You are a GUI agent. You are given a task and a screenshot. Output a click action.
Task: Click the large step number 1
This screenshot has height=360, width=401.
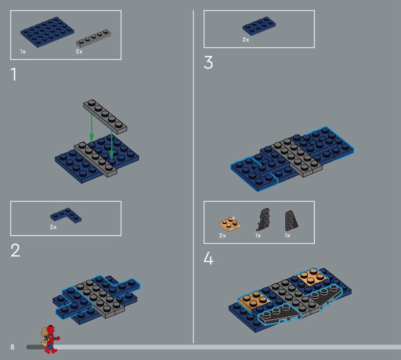[14, 74]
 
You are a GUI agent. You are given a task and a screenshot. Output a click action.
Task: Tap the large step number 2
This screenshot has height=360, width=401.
[16, 250]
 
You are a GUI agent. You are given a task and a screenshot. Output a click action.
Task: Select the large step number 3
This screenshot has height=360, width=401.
[208, 63]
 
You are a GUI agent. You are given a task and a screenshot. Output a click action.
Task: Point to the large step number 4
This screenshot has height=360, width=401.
[209, 258]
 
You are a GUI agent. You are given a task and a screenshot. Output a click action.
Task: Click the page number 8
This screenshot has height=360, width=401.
[12, 347]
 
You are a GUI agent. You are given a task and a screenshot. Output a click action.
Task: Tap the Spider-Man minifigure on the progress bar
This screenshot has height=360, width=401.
[50, 339]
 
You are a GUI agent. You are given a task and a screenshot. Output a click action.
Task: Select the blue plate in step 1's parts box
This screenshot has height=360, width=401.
[47, 32]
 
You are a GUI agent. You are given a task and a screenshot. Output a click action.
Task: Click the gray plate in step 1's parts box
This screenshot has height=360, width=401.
[94, 39]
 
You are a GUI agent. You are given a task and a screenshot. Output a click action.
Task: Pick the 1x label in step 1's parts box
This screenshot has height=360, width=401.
[23, 52]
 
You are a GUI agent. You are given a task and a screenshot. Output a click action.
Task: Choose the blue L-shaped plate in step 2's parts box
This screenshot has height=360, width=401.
[66, 216]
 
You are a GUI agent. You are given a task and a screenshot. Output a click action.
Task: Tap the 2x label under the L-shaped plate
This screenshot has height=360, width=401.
[53, 227]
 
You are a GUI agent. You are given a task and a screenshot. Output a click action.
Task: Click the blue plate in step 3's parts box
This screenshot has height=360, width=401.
[259, 26]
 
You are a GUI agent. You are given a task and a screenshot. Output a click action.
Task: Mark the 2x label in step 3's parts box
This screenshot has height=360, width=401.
[246, 40]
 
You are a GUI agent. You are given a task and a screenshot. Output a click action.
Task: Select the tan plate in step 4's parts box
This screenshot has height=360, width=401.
[230, 224]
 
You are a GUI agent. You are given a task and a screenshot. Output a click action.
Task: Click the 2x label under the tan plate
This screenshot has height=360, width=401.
[223, 235]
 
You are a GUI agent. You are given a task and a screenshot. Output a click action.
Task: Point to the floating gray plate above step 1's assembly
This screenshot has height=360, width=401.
[105, 117]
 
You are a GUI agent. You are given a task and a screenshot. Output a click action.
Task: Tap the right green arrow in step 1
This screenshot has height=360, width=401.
[111, 145]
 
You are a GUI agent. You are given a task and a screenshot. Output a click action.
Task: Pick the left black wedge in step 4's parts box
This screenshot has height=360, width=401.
[263, 219]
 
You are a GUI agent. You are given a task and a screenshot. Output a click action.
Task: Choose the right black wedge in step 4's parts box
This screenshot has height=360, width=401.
[292, 221]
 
